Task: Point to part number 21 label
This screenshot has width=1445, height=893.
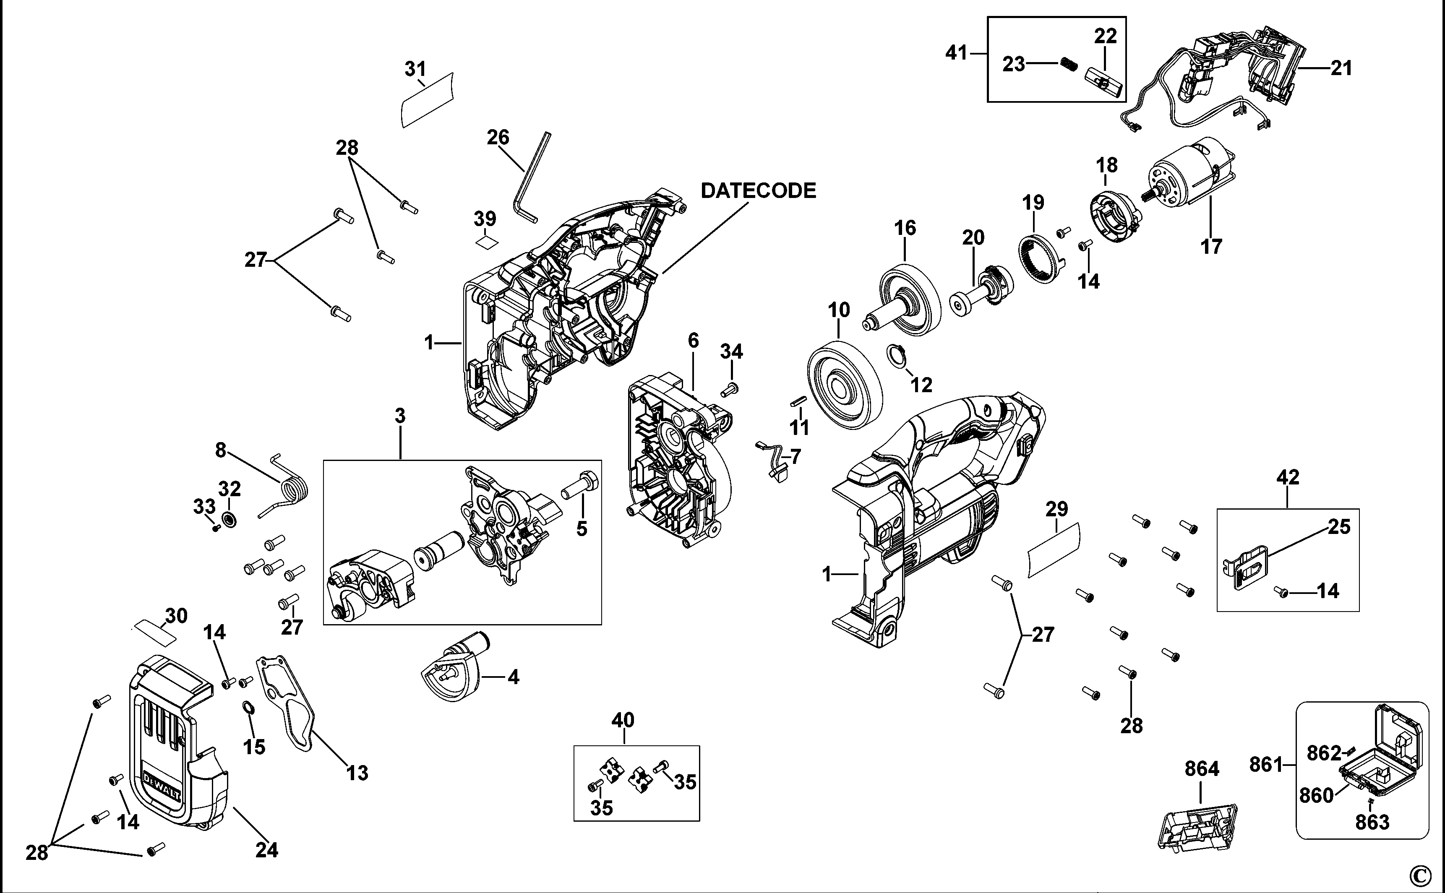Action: [x=1341, y=68]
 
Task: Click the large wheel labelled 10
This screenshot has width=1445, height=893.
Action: [x=844, y=385]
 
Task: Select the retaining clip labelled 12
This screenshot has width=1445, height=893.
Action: [x=896, y=357]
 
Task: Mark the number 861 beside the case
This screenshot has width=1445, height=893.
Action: [x=1266, y=765]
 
